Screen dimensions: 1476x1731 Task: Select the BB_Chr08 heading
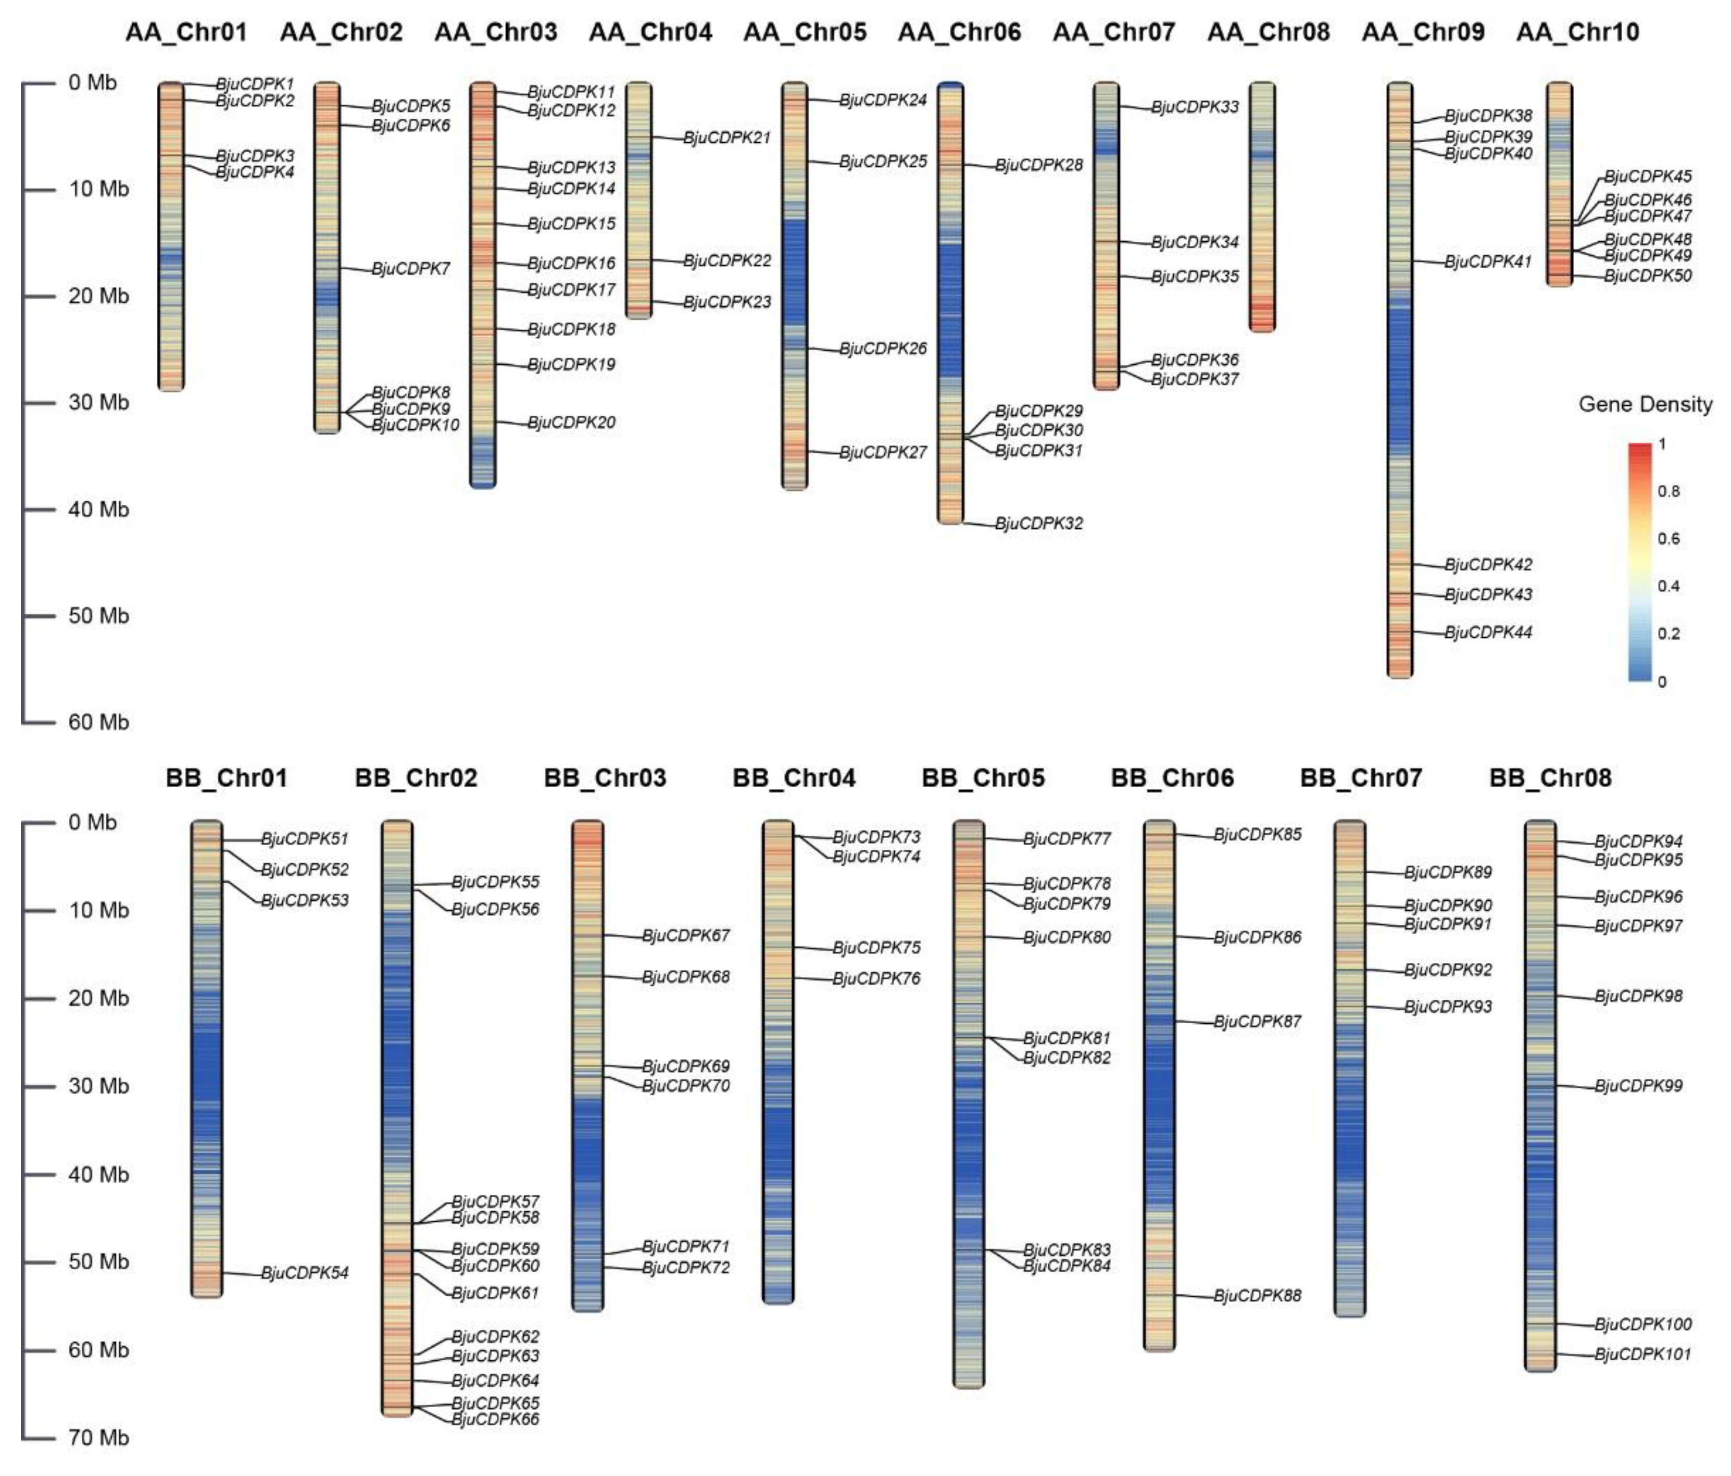tap(1550, 778)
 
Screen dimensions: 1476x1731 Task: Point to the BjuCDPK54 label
tap(305, 1273)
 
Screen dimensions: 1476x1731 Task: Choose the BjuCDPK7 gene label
tap(411, 268)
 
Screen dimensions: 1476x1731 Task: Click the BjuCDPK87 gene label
tap(1257, 1021)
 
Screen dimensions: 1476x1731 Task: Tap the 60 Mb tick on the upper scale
tap(98, 722)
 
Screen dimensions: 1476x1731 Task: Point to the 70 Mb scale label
tap(98, 1437)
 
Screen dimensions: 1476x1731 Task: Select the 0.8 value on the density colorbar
tap(1669, 491)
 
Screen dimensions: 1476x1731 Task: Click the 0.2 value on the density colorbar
tap(1669, 634)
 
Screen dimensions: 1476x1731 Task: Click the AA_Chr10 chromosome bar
tap(1559, 184)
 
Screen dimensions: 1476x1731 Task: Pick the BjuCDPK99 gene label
tap(1638, 1086)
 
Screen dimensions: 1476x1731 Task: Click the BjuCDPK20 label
tap(571, 422)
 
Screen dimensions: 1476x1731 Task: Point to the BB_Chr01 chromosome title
tap(227, 778)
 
